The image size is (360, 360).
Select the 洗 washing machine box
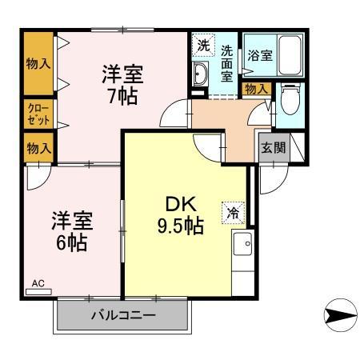pos(204,46)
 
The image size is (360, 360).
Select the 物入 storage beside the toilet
pos(256,88)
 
